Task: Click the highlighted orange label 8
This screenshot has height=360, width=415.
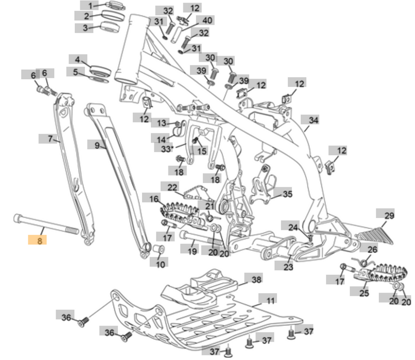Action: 39,240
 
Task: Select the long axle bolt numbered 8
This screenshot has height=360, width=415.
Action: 46,224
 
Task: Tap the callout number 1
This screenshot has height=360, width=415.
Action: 91,6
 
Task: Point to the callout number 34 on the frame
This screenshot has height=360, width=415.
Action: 314,120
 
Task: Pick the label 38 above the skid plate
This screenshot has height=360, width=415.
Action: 256,279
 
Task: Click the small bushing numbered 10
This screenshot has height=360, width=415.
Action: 160,250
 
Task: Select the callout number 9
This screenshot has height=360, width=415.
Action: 97,146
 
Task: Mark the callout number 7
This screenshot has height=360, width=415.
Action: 50,139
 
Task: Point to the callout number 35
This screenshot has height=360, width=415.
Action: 287,194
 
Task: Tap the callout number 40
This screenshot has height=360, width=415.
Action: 207,21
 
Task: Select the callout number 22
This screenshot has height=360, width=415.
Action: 172,187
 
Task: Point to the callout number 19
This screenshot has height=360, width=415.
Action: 192,251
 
